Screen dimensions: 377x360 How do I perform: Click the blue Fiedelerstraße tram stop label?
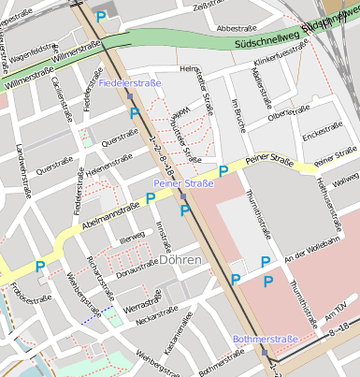click(x=130, y=84)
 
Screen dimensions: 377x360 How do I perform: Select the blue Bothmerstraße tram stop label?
click(x=265, y=339)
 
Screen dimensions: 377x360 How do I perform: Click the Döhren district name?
click(x=180, y=262)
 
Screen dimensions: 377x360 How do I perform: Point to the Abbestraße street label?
click(x=236, y=29)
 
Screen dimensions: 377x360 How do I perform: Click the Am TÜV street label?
click(x=335, y=311)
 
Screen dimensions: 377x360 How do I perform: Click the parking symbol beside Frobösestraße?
click(x=40, y=268)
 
